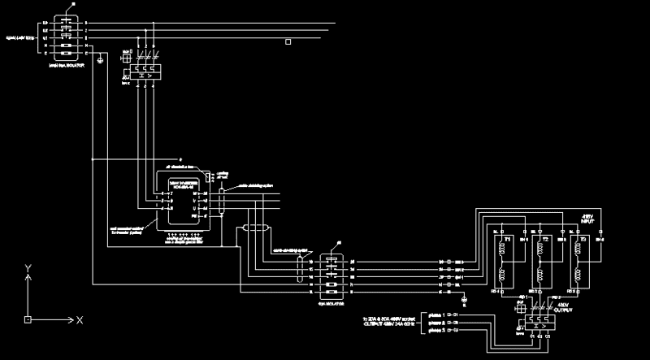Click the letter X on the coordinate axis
(80, 321)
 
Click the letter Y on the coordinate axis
(28, 267)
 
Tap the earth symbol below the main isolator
(99, 60)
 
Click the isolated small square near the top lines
(288, 41)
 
